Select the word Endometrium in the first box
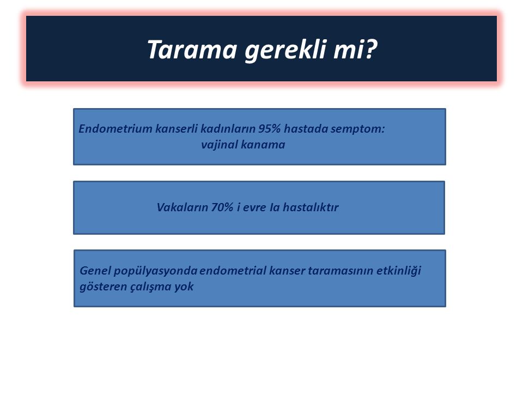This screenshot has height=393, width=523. tap(115, 129)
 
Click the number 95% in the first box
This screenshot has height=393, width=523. tap(270, 129)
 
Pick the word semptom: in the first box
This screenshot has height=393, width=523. tap(357, 129)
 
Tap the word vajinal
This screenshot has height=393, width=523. tap(220, 145)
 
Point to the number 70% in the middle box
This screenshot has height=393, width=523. tap(222, 207)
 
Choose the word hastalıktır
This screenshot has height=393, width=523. tap(311, 207)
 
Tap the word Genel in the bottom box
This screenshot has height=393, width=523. tap(95, 270)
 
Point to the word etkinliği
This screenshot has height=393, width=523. tap(399, 271)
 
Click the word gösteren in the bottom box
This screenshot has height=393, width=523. tap(104, 287)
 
